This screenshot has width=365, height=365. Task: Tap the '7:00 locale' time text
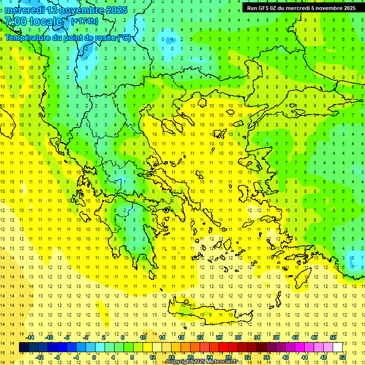[34, 21]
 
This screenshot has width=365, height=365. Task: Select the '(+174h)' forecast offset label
[85, 21]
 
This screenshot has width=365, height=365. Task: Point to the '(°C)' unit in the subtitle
[124, 38]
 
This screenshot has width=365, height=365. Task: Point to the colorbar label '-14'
[30, 337]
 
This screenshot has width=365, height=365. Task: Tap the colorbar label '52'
[343, 357]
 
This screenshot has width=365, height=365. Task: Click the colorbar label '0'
[94, 357]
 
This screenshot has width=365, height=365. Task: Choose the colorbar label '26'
[219, 337]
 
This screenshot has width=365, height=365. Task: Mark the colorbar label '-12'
[39, 357]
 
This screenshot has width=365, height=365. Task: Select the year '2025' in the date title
[115, 10]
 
